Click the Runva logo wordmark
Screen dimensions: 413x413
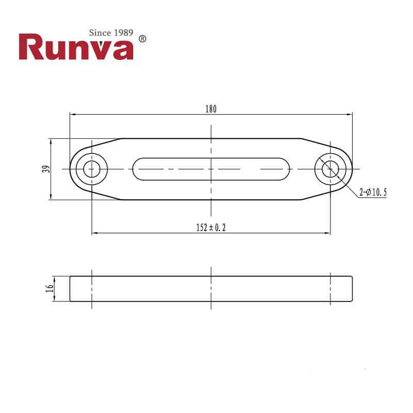(76, 47)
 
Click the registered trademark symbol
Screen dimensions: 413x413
(143, 39)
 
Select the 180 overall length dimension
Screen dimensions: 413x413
(211, 109)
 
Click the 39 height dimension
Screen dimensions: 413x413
(46, 169)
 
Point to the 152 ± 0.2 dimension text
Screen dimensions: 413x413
(211, 228)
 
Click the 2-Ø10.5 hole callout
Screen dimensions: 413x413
(373, 193)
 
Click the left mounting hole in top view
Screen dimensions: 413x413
(92, 169)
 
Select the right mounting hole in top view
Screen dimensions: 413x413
(330, 169)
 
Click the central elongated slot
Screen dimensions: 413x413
(211, 169)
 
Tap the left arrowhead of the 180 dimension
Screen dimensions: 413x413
(73, 114)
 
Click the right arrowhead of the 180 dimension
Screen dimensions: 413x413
(350, 114)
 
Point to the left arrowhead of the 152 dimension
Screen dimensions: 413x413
(95, 233)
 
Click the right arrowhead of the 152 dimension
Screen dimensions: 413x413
(327, 233)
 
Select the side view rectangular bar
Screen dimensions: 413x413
(211, 289)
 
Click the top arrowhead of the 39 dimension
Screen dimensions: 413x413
(51, 141)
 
